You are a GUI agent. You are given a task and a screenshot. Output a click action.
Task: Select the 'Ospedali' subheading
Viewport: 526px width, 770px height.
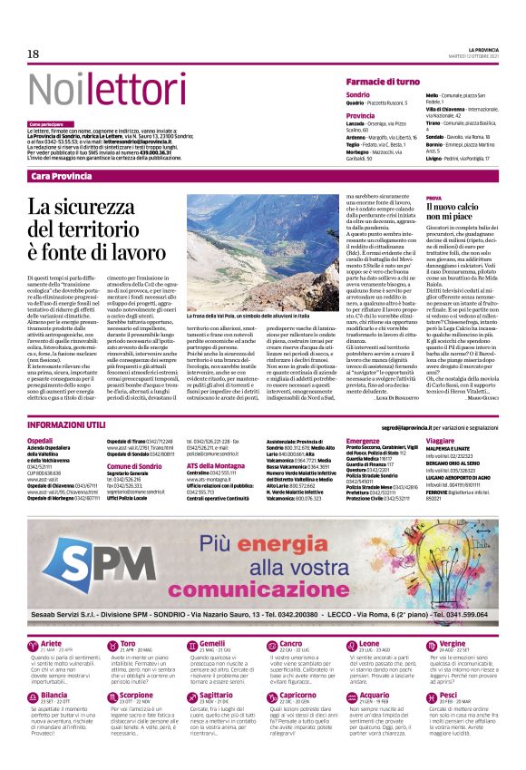coord(42,440)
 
